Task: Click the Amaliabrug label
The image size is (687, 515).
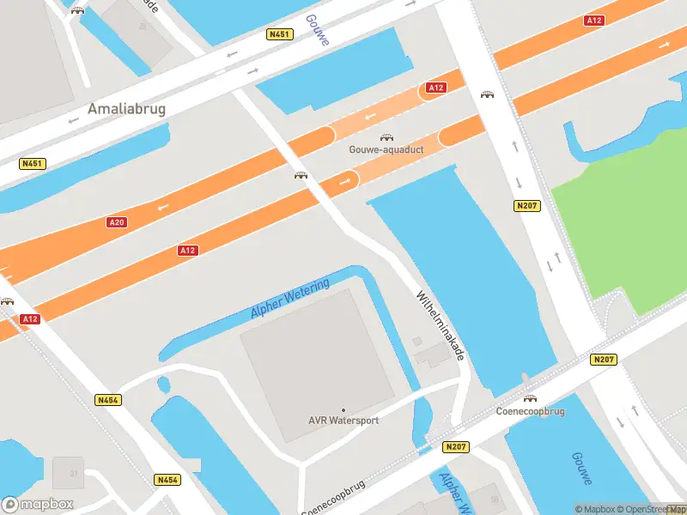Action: pos(126,110)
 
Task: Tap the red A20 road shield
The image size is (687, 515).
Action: pos(117,222)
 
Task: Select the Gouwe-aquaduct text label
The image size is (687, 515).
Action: pos(387,149)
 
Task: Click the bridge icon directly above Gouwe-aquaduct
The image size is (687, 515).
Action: pos(387,137)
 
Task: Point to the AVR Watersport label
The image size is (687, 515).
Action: pos(343,421)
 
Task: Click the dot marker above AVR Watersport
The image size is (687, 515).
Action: pos(343,410)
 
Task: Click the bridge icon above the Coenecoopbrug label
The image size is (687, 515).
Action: pos(530,399)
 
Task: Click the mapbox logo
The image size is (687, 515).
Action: pos(38,504)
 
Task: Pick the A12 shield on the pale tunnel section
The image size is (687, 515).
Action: pos(436,88)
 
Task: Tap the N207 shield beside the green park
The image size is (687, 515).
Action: pos(526,206)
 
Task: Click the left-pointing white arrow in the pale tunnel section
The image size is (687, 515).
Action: pos(371,116)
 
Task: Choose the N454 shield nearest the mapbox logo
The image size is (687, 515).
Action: pos(167,480)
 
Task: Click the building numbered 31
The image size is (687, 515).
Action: pos(68,473)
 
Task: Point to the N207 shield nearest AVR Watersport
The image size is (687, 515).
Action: pos(455,447)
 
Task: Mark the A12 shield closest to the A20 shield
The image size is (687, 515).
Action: pos(188,250)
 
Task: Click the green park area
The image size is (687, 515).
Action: pos(618,215)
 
